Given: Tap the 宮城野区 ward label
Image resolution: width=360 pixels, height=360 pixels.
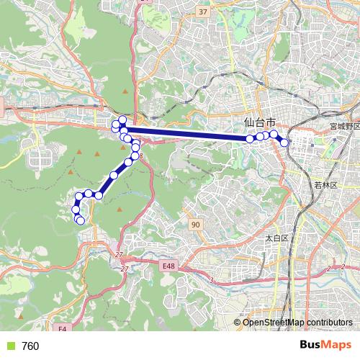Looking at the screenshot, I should pyautogui.click(x=344, y=126).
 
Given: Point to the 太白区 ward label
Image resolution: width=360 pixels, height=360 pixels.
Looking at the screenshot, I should pyautogui.click(x=276, y=238).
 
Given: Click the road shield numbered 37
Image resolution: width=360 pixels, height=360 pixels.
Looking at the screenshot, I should pyautogui.click(x=203, y=12).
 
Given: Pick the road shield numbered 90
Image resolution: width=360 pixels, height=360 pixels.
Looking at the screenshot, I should pyautogui.click(x=196, y=225).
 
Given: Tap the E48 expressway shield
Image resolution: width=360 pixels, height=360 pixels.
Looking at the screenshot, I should pyautogui.click(x=168, y=266).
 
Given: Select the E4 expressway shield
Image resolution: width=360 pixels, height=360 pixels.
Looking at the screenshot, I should pyautogui.click(x=63, y=329).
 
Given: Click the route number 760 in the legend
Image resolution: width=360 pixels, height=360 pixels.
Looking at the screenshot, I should pyautogui.click(x=30, y=346).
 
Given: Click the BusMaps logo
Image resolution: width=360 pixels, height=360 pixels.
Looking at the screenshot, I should pyautogui.click(x=325, y=346).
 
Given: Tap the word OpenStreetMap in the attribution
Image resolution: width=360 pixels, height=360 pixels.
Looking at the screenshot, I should pyautogui.click(x=270, y=323).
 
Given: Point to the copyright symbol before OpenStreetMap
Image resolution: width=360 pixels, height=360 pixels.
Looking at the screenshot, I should pyautogui.click(x=237, y=323).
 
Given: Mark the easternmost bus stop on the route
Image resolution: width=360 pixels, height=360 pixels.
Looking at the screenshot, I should pyautogui.click(x=284, y=143).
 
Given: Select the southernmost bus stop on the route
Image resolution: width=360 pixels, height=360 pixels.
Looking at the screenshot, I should pyautogui.click(x=81, y=220).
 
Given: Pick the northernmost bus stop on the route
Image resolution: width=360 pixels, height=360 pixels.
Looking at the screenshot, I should pyautogui.click(x=122, y=120).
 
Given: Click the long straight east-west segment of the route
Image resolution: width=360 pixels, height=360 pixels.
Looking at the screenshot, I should pyautogui.click(x=187, y=134).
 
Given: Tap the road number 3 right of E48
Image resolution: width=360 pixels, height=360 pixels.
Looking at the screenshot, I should pyautogui.click(x=212, y=279).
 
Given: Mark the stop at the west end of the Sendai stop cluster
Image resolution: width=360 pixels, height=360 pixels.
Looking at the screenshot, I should pyautogui.click(x=251, y=138).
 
